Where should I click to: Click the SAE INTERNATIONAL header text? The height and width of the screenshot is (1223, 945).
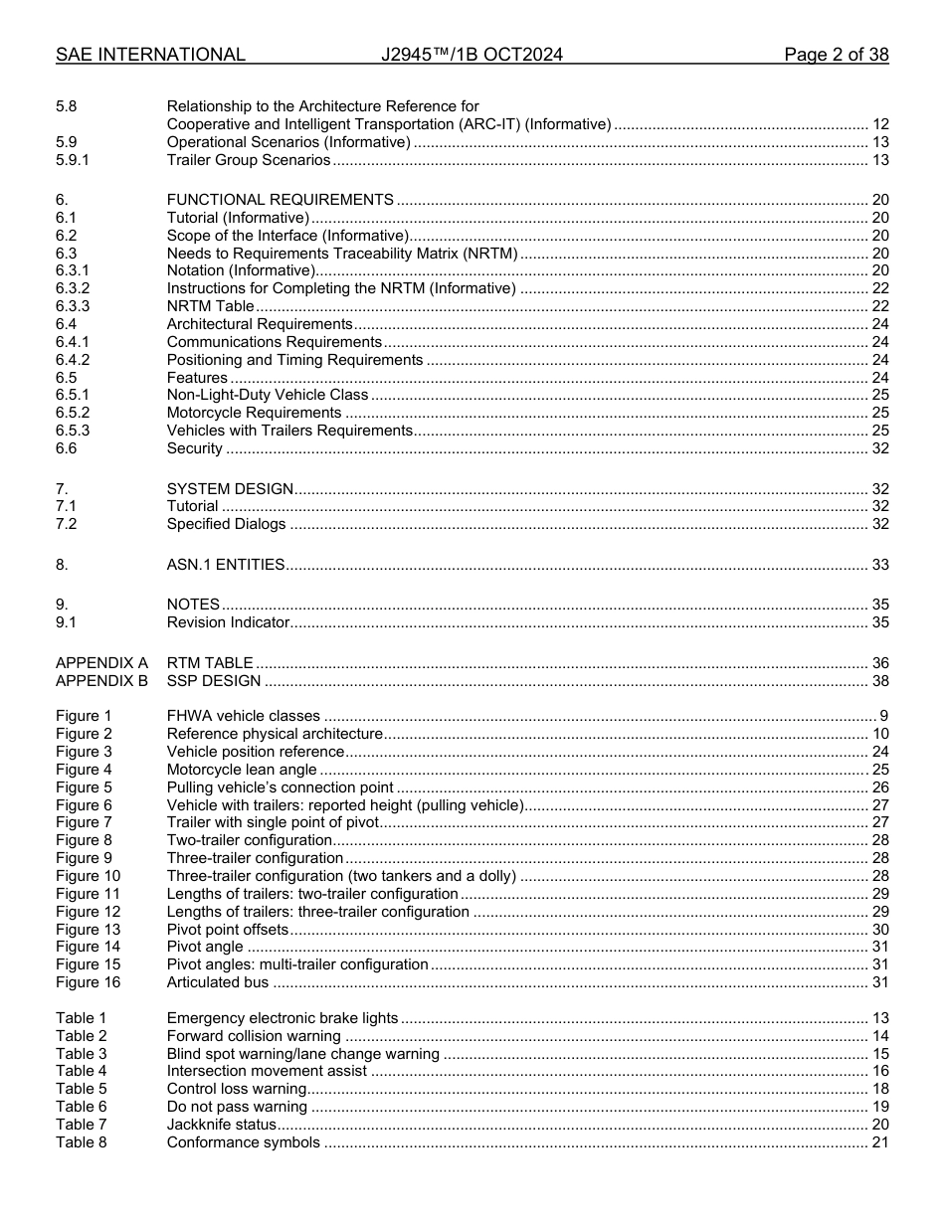[150, 55]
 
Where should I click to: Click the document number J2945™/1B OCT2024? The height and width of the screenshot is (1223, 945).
[472, 55]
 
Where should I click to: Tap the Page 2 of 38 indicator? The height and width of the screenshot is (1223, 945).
[836, 55]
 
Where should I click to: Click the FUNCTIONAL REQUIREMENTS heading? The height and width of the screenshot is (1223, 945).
[280, 200]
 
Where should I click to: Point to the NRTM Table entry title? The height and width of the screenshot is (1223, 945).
[210, 306]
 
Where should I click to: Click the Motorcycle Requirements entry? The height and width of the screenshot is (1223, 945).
[254, 413]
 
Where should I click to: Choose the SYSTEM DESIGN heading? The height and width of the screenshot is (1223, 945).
[230, 489]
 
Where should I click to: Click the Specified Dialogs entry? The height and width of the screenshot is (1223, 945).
[226, 524]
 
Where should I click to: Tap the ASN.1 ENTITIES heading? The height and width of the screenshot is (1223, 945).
[226, 565]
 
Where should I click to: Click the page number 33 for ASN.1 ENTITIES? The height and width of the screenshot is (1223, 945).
[879, 565]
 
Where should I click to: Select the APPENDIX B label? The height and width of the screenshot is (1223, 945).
[101, 681]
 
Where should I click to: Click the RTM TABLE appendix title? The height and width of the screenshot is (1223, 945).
[210, 663]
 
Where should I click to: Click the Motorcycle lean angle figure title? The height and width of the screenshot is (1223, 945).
[242, 770]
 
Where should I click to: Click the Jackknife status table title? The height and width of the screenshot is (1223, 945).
[221, 1125]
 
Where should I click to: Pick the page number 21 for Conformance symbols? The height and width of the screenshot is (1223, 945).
[879, 1142]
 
